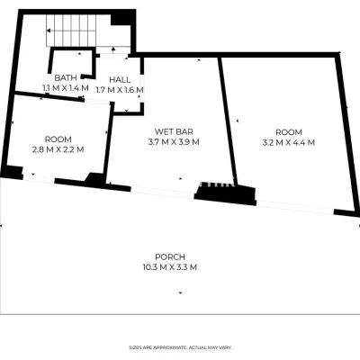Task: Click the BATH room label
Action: (66, 78)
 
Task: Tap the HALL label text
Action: (120, 80)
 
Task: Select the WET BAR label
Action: (174, 131)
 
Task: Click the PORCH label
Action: (170, 257)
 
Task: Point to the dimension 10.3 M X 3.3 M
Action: (170, 267)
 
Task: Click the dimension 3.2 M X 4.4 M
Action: (289, 142)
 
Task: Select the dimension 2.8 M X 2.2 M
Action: (58, 149)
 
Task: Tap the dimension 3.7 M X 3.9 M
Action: (174, 142)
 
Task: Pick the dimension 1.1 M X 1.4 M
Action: (66, 88)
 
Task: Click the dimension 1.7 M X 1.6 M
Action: (120, 90)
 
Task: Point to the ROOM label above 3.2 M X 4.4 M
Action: (289, 132)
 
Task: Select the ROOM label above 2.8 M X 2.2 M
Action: (58, 139)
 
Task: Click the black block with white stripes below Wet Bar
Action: (225, 193)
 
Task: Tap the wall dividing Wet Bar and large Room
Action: (228, 121)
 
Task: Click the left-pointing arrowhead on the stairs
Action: (49, 31)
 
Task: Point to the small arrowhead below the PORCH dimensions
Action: (180, 292)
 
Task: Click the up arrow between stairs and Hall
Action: (113, 50)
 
